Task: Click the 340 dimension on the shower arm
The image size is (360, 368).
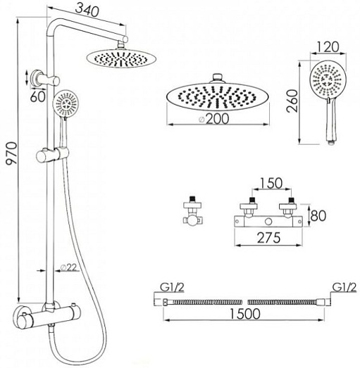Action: coord(87,11)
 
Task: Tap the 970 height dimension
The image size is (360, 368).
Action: coord(12,153)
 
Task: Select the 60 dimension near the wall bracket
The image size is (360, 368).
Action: coord(37,96)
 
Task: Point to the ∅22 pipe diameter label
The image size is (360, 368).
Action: coord(69,267)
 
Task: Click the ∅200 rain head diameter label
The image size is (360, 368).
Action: coord(213,119)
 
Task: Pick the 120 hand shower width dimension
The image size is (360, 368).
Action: coord(328,47)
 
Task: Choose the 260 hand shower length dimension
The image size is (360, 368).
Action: coord(293,101)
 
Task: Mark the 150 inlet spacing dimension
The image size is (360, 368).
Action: coord(271,183)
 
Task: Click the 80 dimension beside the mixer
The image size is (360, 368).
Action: coord(318,216)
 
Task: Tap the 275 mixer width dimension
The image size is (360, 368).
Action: coord(269,238)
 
